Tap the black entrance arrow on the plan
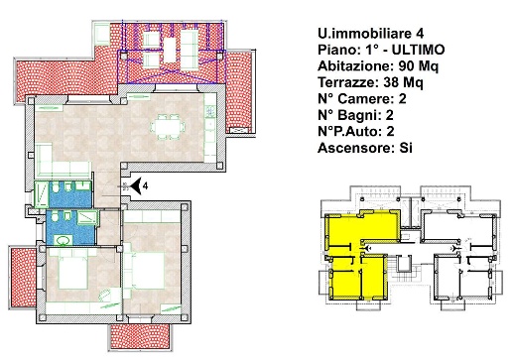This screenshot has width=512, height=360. tap(134, 185)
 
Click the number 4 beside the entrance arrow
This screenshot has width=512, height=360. tap(145, 185)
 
